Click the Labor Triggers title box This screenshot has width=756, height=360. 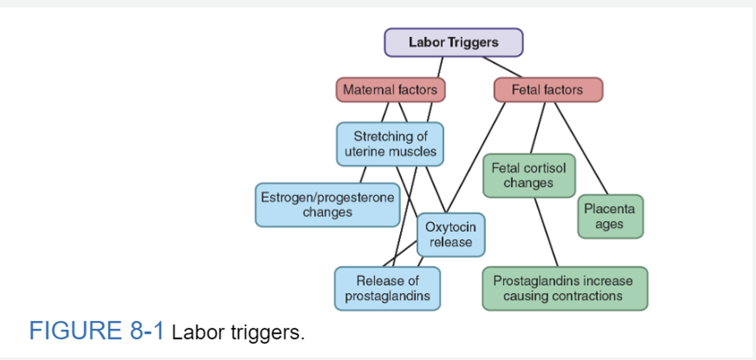453,42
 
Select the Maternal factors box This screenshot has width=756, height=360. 390,90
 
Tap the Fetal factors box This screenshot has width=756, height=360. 548,90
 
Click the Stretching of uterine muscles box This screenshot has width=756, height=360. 390,144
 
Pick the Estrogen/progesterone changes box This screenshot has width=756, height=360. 327,205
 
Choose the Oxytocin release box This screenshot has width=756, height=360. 450,235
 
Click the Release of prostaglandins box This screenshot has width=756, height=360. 387,288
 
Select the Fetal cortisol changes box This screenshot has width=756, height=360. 528,175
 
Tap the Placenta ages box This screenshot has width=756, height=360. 610,216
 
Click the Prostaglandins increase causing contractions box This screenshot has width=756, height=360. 564,288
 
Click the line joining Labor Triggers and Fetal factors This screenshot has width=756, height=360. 503,67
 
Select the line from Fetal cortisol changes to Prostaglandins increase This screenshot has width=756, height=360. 546,232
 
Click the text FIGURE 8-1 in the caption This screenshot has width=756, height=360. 96,331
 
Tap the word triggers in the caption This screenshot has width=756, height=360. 268,333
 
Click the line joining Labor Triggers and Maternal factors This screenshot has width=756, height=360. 440,67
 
